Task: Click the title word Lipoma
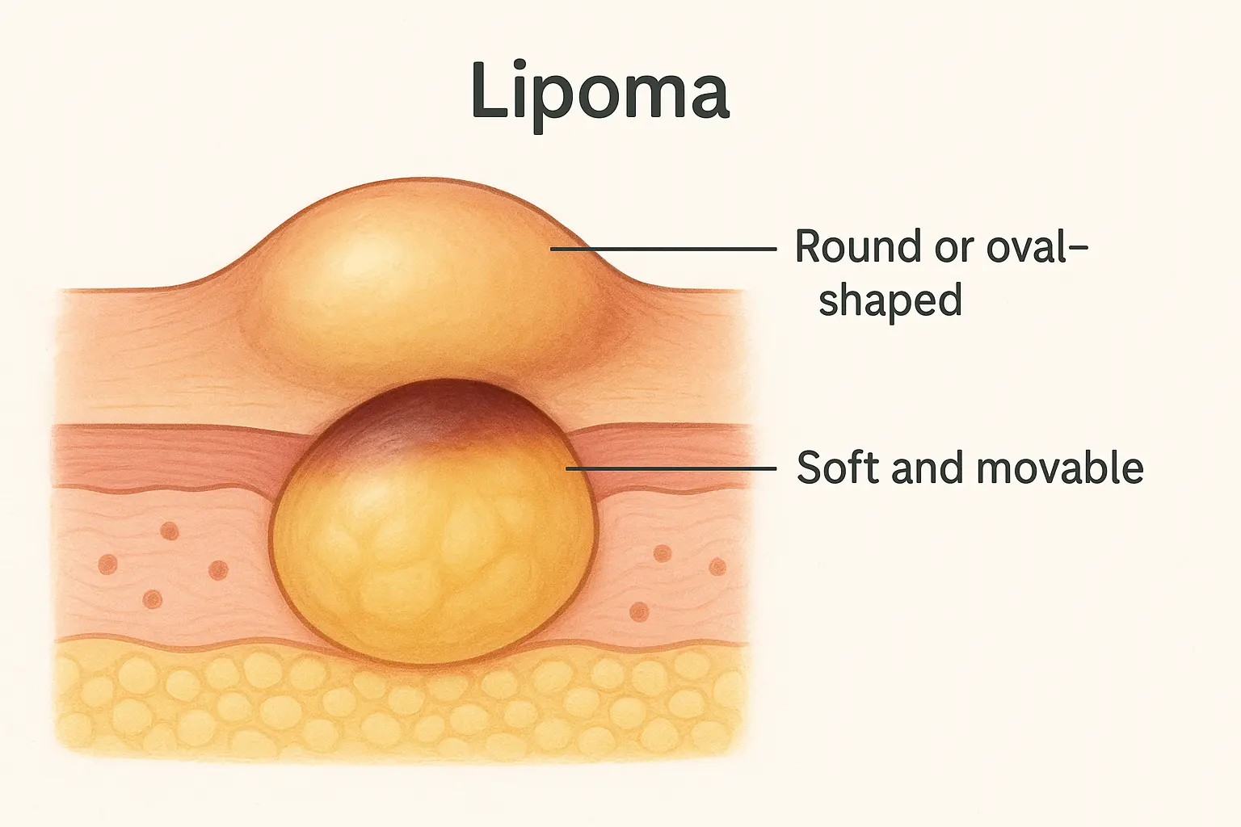coord(600,90)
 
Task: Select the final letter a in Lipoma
coord(708,97)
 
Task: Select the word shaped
coord(890,300)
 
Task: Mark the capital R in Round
coord(810,246)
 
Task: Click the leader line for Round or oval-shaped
coord(663,249)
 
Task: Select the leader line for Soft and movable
coord(671,468)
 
